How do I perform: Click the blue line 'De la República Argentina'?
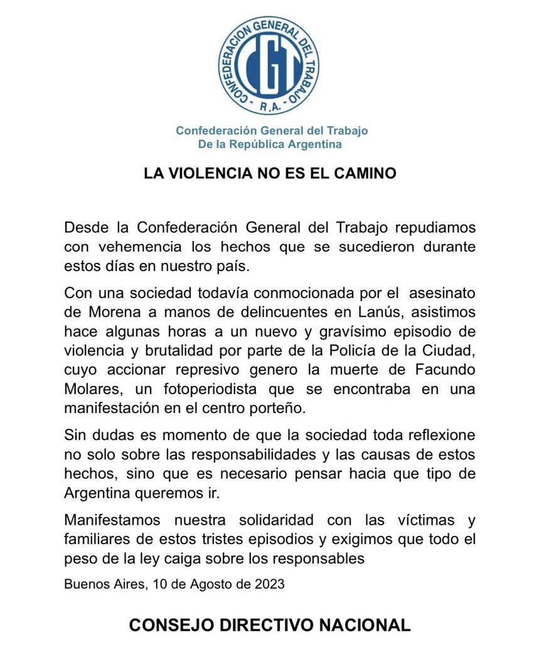pyautogui.click(x=270, y=144)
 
